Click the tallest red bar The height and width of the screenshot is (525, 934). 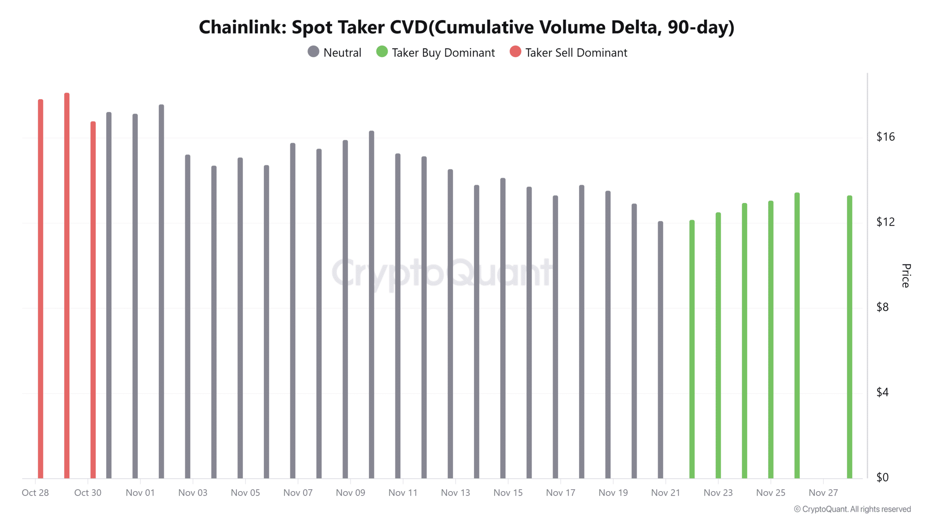(67, 284)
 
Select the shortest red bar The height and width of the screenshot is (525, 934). (93, 299)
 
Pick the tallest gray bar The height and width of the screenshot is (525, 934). (161, 292)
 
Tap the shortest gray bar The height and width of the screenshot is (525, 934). (660, 350)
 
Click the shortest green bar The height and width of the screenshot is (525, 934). (692, 350)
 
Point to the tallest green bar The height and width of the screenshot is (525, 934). (797, 335)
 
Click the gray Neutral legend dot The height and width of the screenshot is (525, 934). (313, 52)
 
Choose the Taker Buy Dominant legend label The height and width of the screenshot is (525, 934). (443, 53)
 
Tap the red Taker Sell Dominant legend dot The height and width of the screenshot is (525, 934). (515, 52)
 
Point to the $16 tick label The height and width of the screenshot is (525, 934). (885, 137)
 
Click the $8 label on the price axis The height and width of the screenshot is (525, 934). (883, 307)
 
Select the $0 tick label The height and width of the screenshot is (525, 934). (883, 478)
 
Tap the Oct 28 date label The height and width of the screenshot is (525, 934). (35, 493)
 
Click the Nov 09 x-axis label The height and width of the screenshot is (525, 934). (350, 493)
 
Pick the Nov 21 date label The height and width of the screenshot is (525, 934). (665, 493)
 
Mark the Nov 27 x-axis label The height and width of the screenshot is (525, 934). (823, 493)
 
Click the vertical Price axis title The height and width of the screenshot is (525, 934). (906, 276)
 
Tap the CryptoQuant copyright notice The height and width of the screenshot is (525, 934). (852, 509)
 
